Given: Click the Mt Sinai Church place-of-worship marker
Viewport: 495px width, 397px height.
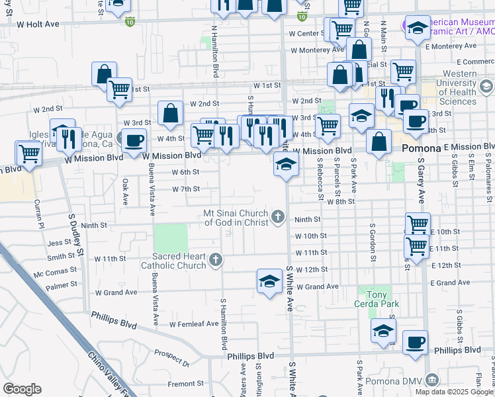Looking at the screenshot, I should coord(278,216).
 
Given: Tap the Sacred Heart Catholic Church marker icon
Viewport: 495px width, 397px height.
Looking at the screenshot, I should coord(215,260).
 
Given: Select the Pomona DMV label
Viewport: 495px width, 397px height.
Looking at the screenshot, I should coord(461,380).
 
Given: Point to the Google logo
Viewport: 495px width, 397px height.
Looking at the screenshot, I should coord(22,388).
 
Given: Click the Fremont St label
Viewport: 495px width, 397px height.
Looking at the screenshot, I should coord(185,383).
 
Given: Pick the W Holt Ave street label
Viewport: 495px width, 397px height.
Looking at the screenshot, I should coord(38,24).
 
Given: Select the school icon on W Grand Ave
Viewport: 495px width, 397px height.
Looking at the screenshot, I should coord(269,281).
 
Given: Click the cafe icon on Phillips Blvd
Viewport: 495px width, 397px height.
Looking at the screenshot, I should coord(415,341).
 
